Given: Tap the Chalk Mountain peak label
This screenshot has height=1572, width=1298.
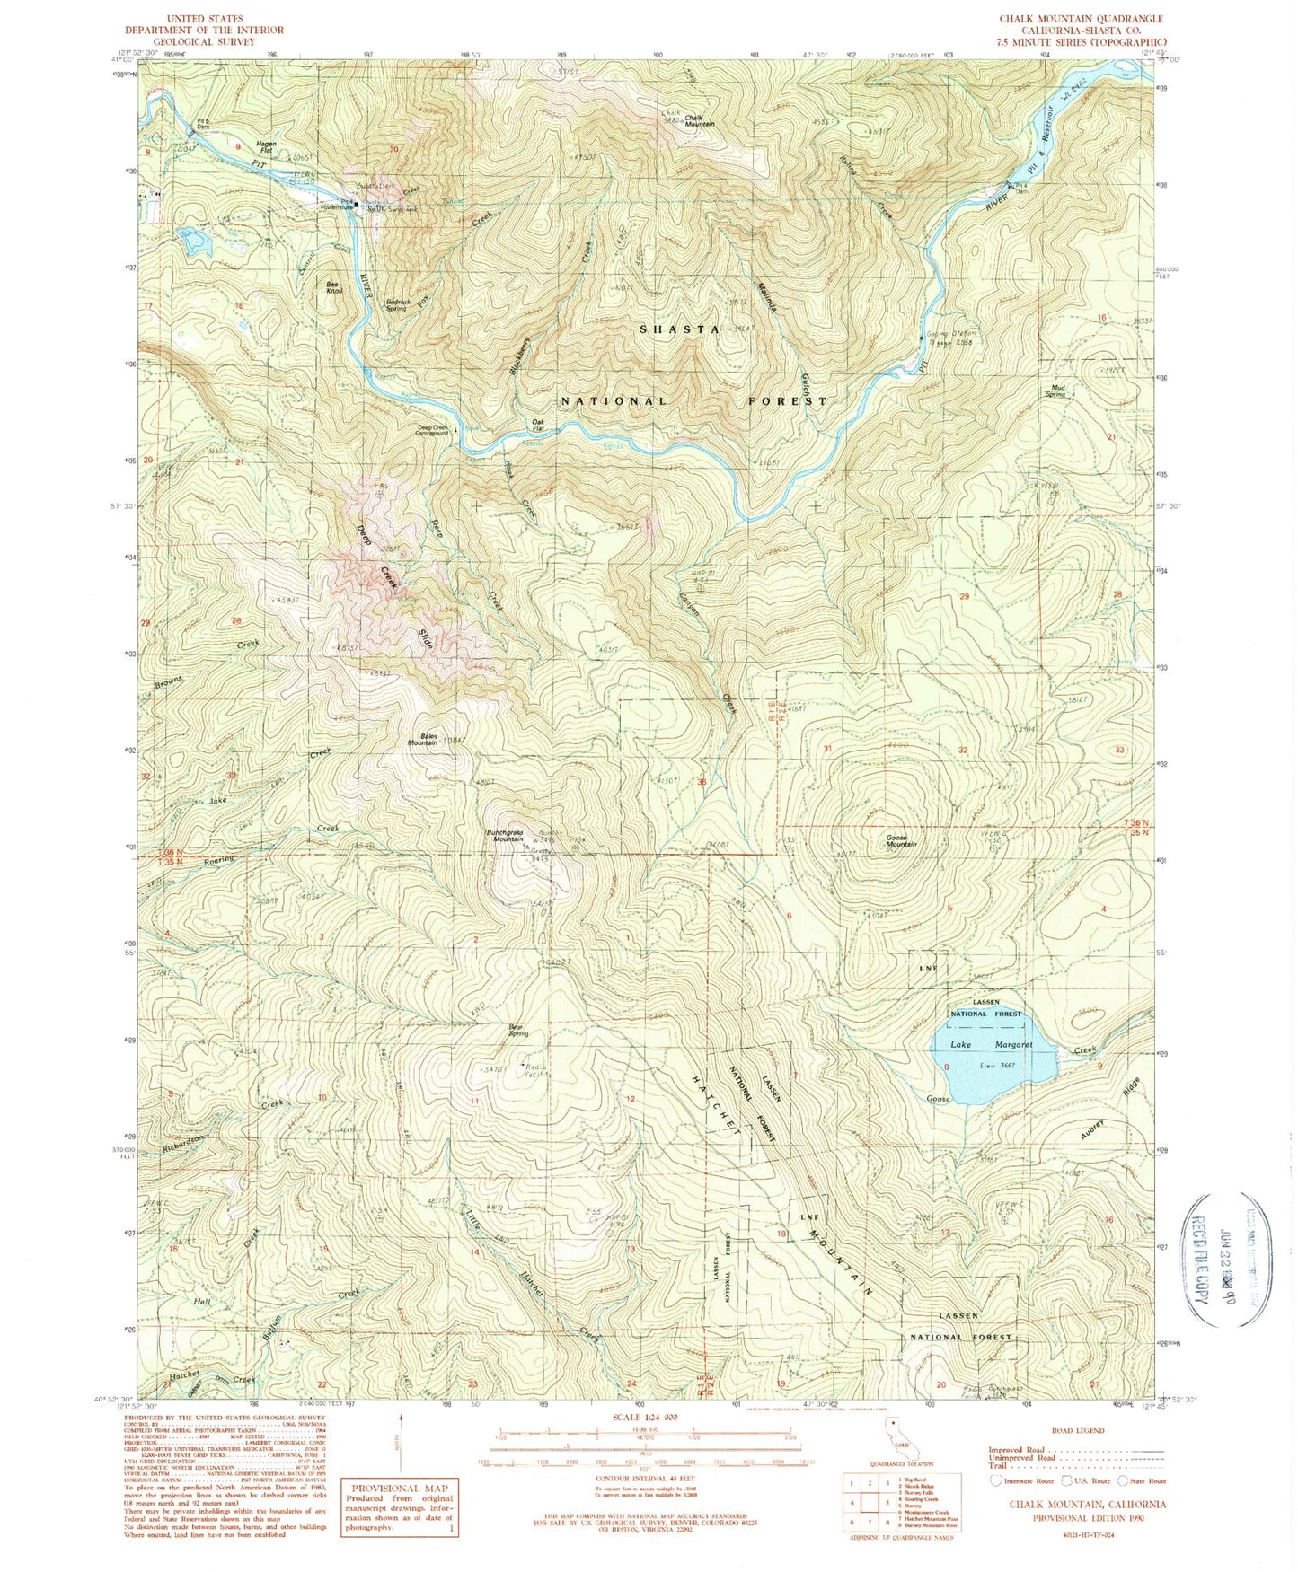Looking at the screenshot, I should click(699, 120).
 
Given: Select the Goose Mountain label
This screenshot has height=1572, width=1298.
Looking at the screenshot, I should click(901, 839).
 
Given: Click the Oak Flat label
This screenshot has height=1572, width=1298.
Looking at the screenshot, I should click(539, 425).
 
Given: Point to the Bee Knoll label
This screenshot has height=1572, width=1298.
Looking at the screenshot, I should click(332, 288).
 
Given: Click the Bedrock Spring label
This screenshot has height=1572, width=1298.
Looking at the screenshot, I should click(398, 305).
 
